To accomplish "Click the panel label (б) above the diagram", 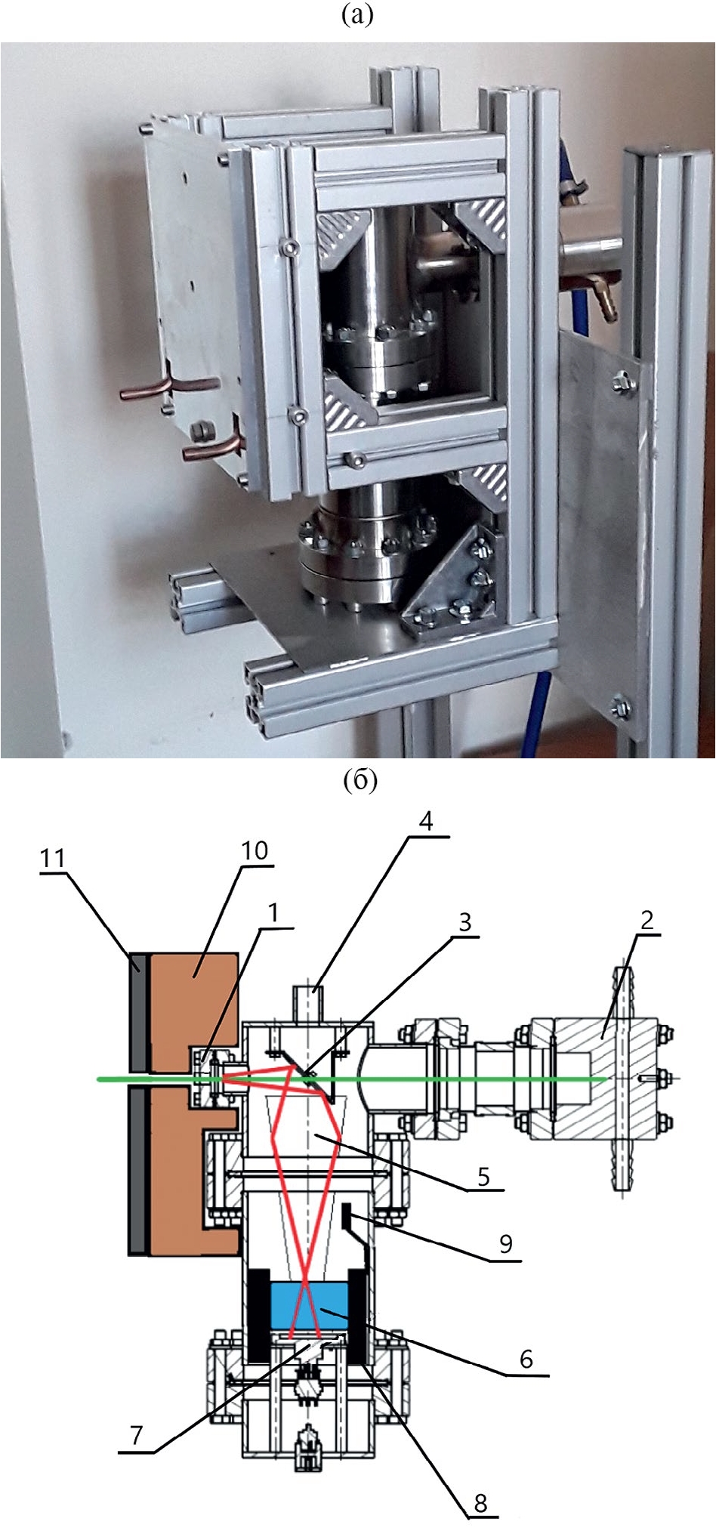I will coord(360,781).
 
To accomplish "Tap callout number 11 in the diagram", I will coord(53,858).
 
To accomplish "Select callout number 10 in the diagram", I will coord(255,850).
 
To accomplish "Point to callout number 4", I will coord(426,821).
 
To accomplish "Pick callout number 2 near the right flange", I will coord(647,920).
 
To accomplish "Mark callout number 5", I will coord(483,1176).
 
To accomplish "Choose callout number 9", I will coord(506,1243).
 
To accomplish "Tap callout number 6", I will coord(526,1359).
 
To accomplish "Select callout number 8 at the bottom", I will coord(481,1503).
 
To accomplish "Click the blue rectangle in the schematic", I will coord(308,1305).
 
